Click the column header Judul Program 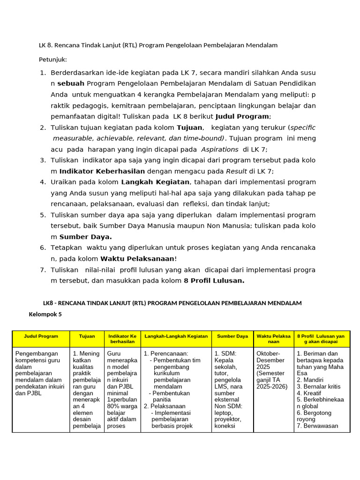click(x=42, y=336)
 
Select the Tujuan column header click(x=87, y=336)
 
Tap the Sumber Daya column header click(x=232, y=336)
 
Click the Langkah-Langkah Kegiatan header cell click(x=176, y=336)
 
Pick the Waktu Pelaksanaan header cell click(x=273, y=339)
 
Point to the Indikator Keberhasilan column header click(x=122, y=339)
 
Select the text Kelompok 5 click(x=45, y=315)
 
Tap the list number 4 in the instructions click(x=43, y=182)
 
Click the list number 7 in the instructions click(x=43, y=270)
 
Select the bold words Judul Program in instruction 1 click(x=242, y=116)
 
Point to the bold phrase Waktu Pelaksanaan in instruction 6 click(x=137, y=259)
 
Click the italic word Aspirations click(x=220, y=149)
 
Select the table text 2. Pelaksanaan click(x=165, y=406)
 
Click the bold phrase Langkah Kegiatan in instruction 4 click(x=155, y=182)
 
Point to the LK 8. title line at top click(x=158, y=45)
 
